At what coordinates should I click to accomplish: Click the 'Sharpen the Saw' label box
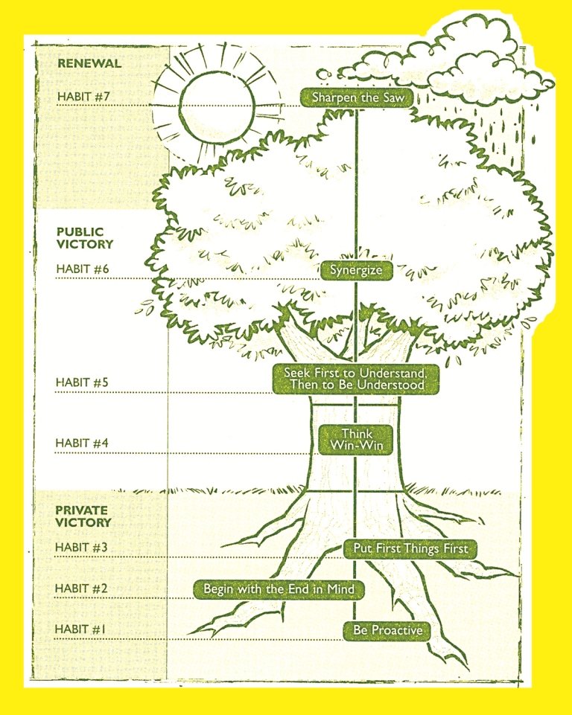[357, 97]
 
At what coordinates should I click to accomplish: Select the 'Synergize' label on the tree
[356, 270]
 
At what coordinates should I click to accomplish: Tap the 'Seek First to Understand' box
[356, 379]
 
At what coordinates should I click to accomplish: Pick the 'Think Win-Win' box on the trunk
[355, 440]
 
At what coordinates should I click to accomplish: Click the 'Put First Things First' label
[410, 548]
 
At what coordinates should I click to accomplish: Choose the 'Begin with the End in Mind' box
[279, 589]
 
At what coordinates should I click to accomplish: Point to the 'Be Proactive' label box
[387, 631]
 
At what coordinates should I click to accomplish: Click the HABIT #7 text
[83, 97]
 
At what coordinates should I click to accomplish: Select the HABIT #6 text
[83, 269]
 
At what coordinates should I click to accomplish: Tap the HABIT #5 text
[82, 382]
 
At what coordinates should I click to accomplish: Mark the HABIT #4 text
[82, 443]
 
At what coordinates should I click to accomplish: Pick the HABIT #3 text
[81, 547]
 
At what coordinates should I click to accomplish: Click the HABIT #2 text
[81, 589]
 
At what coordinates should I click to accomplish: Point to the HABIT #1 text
[80, 629]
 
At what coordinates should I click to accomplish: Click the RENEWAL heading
[89, 63]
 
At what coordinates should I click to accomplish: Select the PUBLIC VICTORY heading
[85, 238]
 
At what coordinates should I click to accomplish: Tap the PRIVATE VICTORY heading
[83, 516]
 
